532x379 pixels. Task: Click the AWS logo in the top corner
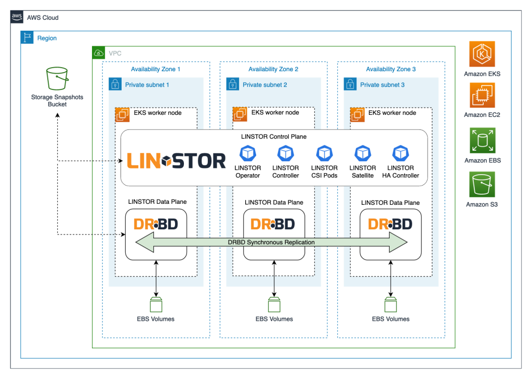tap(17, 17)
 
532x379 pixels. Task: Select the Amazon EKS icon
tap(482, 54)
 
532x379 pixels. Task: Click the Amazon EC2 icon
tap(482, 96)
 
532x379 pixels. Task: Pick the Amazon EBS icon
tap(482, 141)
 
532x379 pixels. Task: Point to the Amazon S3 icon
tap(482, 185)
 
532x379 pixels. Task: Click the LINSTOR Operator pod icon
tap(248, 153)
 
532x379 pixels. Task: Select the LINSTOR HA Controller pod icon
tap(400, 153)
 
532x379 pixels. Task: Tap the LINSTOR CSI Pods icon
tap(324, 153)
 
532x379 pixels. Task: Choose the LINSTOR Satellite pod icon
tap(362, 153)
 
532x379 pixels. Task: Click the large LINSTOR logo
tap(177, 161)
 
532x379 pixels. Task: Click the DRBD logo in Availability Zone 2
tap(273, 224)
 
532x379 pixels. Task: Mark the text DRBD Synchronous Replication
tap(271, 242)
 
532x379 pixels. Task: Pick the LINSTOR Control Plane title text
tap(274, 137)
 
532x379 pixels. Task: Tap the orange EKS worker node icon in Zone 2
tap(240, 114)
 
